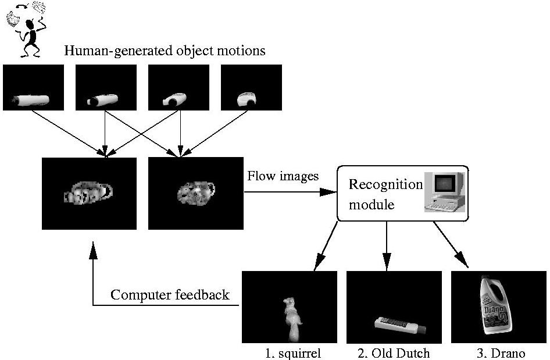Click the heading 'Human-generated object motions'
tap(165, 51)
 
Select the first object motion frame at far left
tap(34, 87)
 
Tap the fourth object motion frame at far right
tap(251, 87)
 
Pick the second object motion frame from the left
tap(106, 87)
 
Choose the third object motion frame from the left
tap(178, 87)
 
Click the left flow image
tap(89, 193)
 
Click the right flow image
tap(195, 193)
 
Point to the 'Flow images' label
tap(283, 176)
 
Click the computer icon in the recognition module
tap(444, 193)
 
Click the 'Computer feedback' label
tap(170, 295)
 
